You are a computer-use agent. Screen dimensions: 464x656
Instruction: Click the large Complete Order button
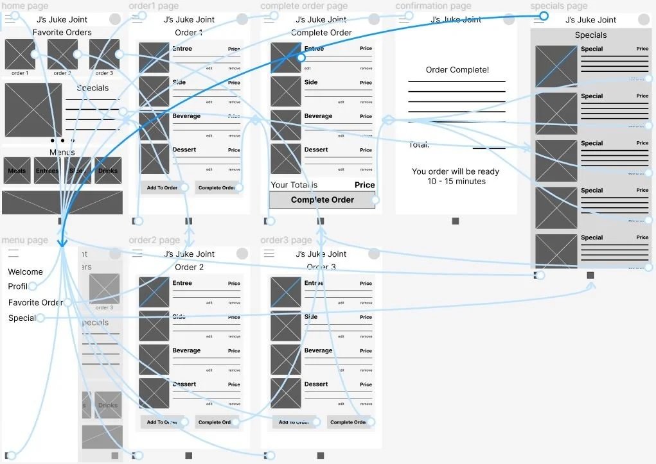[x=322, y=200]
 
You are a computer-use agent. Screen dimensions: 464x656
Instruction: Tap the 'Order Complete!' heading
[x=457, y=70]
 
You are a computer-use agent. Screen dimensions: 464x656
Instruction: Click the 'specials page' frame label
[x=558, y=6]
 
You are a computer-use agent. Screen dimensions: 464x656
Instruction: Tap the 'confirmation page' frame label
[x=433, y=6]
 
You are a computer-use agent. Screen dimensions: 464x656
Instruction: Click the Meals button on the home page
[x=17, y=171]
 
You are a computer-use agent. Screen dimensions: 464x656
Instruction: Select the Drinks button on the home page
[x=108, y=171]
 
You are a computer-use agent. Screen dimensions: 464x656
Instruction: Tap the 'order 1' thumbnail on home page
[x=20, y=55]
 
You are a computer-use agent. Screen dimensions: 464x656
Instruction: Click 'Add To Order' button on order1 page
[x=162, y=187]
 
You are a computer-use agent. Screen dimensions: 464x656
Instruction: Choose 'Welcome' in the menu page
[x=25, y=271]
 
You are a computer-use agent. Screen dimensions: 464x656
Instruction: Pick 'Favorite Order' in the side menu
[x=35, y=302]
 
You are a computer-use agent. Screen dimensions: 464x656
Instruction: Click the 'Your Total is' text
[x=294, y=185]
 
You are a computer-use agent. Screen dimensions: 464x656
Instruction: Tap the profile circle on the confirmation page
[x=509, y=19]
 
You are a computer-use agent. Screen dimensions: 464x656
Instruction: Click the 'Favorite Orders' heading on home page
[x=62, y=32]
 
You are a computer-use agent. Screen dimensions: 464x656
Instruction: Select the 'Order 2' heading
[x=189, y=267]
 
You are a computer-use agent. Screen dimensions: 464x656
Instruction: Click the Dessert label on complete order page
[x=316, y=150]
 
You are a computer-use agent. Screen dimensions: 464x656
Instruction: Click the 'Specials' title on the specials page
[x=590, y=35]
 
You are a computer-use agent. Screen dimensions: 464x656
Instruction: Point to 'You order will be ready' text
[x=456, y=171]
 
